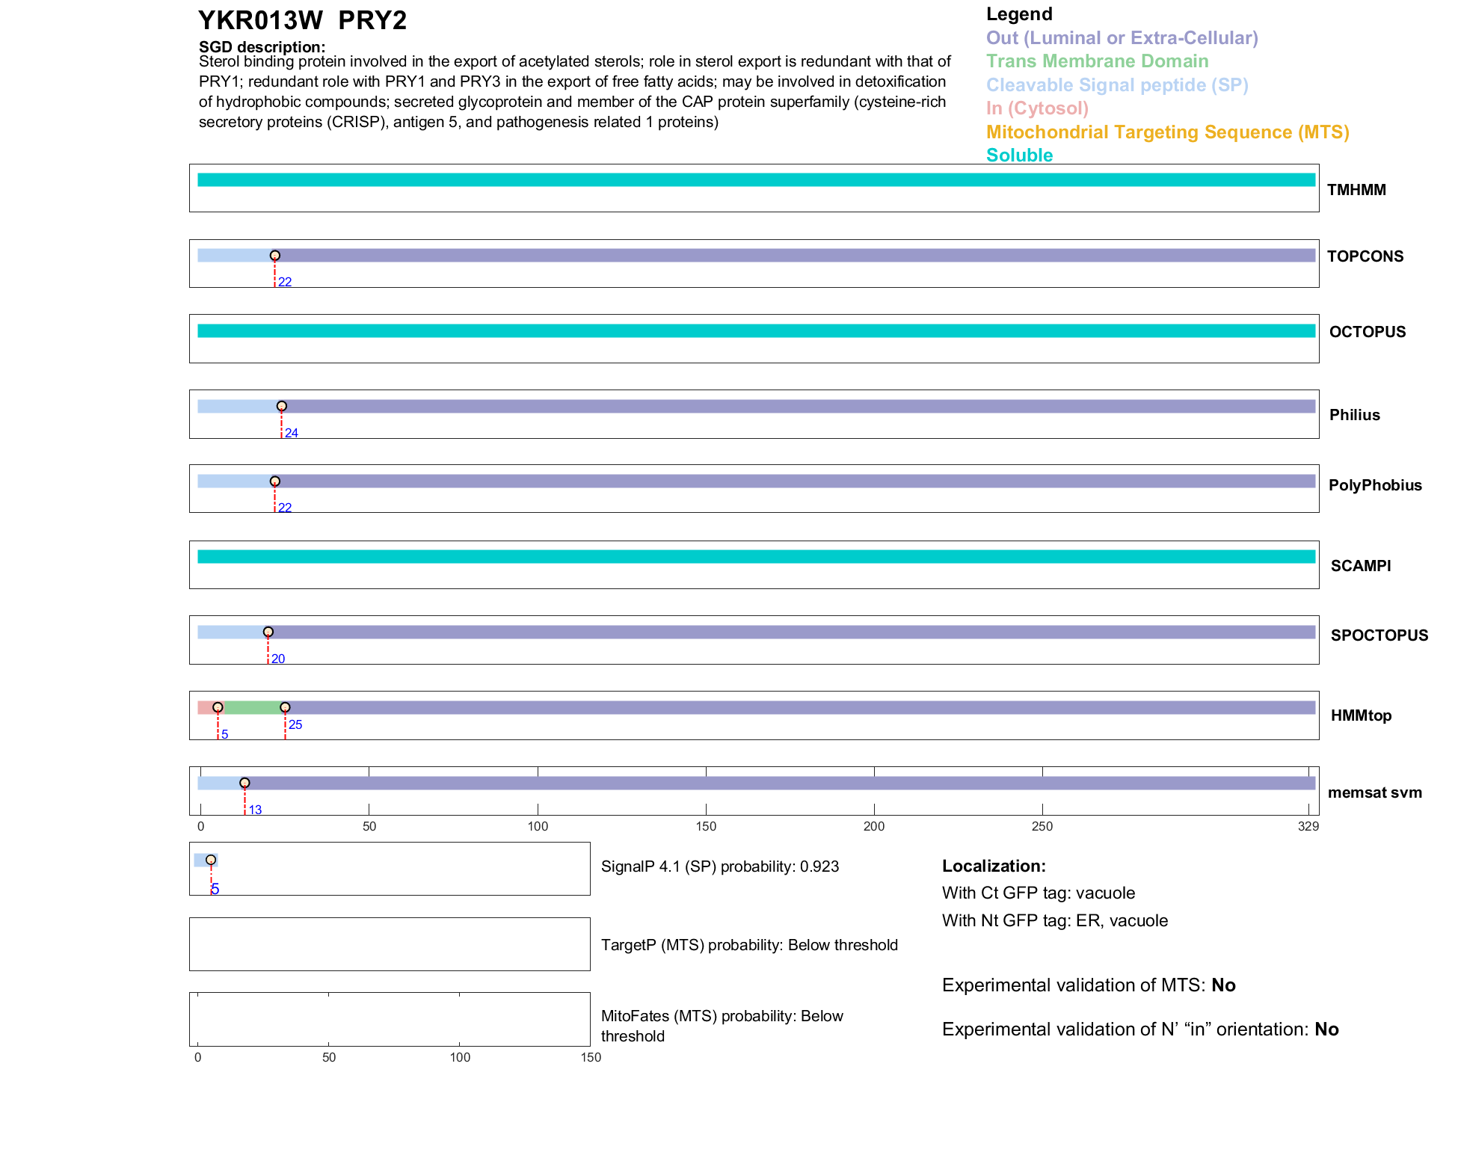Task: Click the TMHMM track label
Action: click(1356, 190)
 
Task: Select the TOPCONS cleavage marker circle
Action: click(275, 256)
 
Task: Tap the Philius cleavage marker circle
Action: click(282, 407)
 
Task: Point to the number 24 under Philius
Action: click(292, 434)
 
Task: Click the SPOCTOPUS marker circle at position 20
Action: click(268, 632)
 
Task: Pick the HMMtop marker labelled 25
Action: click(285, 707)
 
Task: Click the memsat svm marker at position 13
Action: click(244, 783)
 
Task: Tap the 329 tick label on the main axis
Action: click(1308, 827)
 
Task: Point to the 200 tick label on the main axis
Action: click(874, 827)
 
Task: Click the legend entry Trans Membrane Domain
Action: click(1097, 61)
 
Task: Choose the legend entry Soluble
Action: click(1019, 156)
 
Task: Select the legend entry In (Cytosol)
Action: click(1037, 108)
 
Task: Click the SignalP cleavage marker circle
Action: click(211, 861)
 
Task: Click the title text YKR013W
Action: click(260, 21)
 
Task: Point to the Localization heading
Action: click(994, 866)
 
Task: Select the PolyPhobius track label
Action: click(1374, 485)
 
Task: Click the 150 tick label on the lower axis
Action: click(591, 1058)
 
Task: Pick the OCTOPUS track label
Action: click(1367, 332)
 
